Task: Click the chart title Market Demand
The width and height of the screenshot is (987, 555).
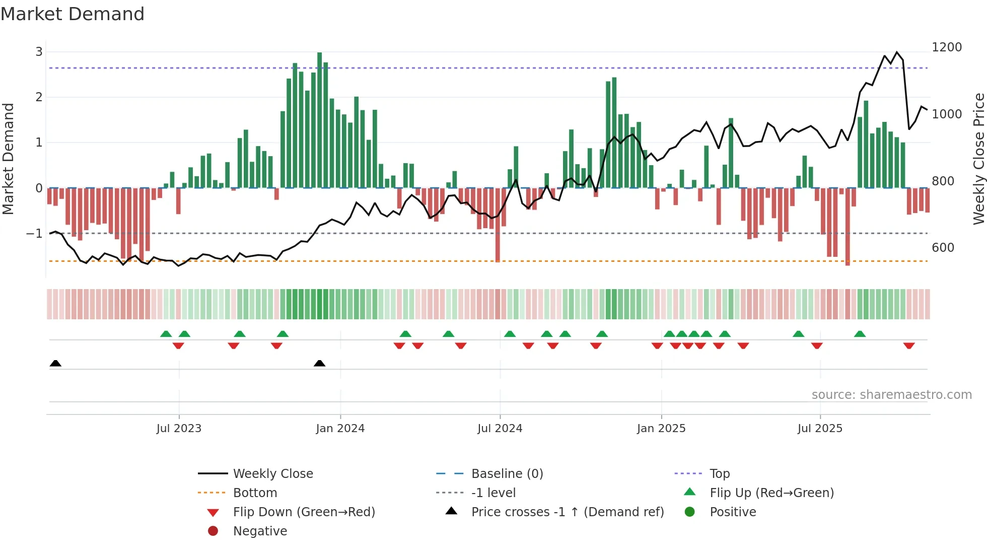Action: pyautogui.click(x=73, y=14)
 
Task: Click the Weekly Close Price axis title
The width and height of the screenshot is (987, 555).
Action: pyautogui.click(x=978, y=159)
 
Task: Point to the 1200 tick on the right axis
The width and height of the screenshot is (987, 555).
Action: pyautogui.click(x=946, y=47)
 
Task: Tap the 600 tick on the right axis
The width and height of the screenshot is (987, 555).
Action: pyautogui.click(x=943, y=248)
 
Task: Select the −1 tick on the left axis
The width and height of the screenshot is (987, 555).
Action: pyautogui.click(x=34, y=234)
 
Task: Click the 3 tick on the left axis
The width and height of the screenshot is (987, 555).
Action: pyautogui.click(x=39, y=52)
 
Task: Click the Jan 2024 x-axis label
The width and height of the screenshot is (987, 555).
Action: pyautogui.click(x=340, y=429)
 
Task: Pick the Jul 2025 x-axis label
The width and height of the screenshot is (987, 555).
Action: pyautogui.click(x=819, y=429)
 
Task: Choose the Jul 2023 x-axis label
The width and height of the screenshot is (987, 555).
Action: pyautogui.click(x=179, y=429)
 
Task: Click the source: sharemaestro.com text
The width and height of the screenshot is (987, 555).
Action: pyautogui.click(x=891, y=395)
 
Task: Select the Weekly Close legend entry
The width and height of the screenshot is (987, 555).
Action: pyautogui.click(x=272, y=474)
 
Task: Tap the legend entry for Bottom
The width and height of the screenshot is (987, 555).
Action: pyautogui.click(x=255, y=493)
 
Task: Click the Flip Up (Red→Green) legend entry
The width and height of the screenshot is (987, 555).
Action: pyautogui.click(x=771, y=493)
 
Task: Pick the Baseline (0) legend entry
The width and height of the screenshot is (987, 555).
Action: pyautogui.click(x=507, y=474)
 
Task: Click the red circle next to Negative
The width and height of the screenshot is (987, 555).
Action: pyautogui.click(x=213, y=531)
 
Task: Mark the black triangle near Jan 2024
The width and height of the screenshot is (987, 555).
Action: pyautogui.click(x=319, y=363)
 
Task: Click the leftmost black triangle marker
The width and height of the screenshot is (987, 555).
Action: pyautogui.click(x=55, y=363)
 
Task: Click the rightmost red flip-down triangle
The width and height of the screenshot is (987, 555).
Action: pyautogui.click(x=908, y=345)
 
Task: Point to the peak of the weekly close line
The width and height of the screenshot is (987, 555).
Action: pyautogui.click(x=896, y=52)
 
